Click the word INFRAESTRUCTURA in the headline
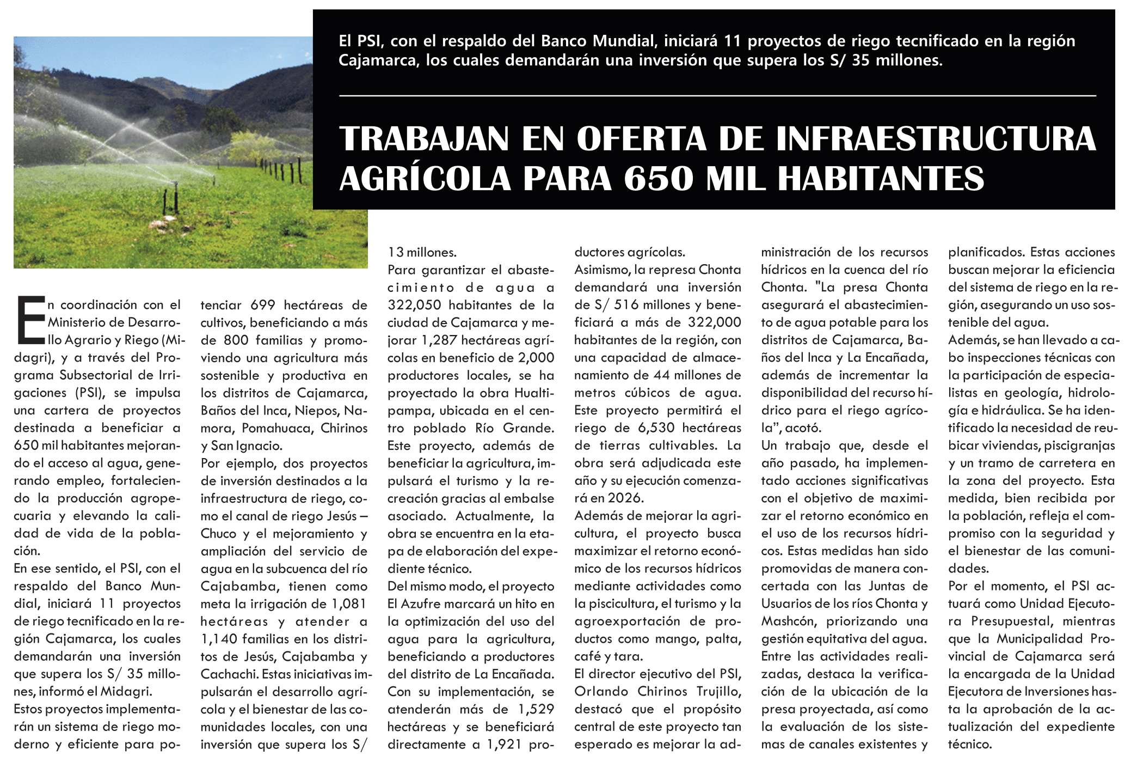[x=936, y=139]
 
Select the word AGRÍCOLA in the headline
[x=425, y=179]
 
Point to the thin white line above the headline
[x=717, y=96]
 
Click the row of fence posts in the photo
[x=280, y=170]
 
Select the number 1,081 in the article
[x=349, y=604]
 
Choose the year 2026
[x=625, y=498]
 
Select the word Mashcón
[x=788, y=621]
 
